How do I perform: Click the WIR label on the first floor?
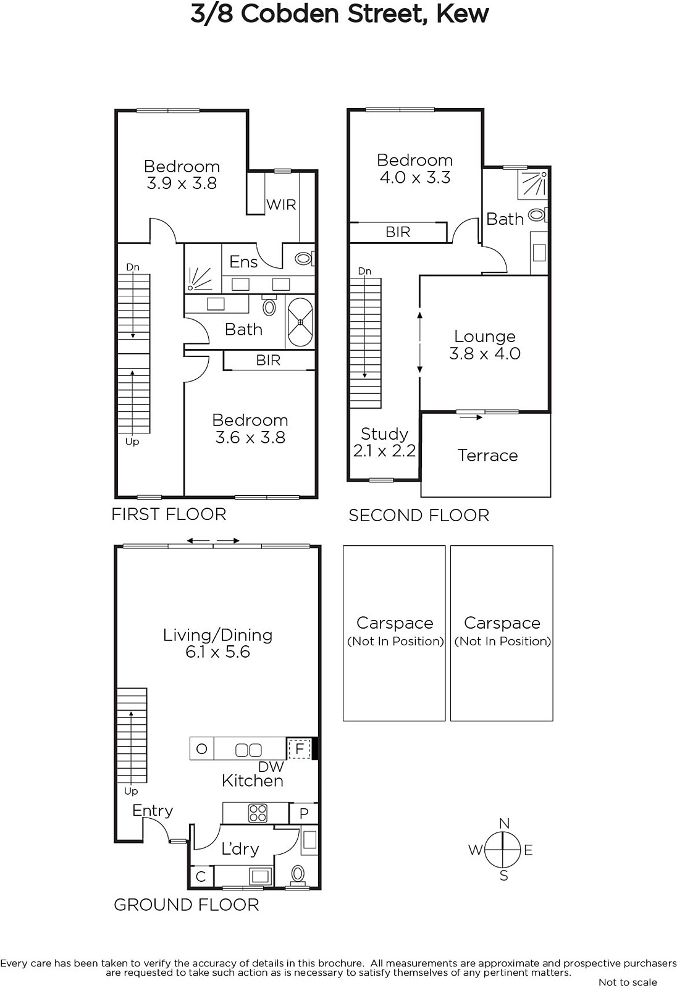[281, 205]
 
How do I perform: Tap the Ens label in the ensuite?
[243, 262]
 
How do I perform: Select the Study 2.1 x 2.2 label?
[384, 442]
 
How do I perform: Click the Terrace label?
[487, 456]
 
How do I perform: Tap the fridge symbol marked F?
[300, 748]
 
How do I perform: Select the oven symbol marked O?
[202, 748]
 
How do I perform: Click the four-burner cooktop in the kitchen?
[258, 813]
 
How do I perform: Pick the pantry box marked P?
[304, 813]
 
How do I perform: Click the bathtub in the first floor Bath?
[300, 322]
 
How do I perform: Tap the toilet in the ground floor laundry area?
[298, 874]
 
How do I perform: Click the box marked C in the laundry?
[201, 876]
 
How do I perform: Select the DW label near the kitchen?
[271, 767]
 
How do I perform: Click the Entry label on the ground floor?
[153, 811]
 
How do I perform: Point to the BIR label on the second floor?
[398, 232]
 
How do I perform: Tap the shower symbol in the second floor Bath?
[532, 185]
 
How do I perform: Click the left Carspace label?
[395, 623]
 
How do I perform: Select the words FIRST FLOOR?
[169, 514]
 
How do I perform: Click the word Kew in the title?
[463, 13]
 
